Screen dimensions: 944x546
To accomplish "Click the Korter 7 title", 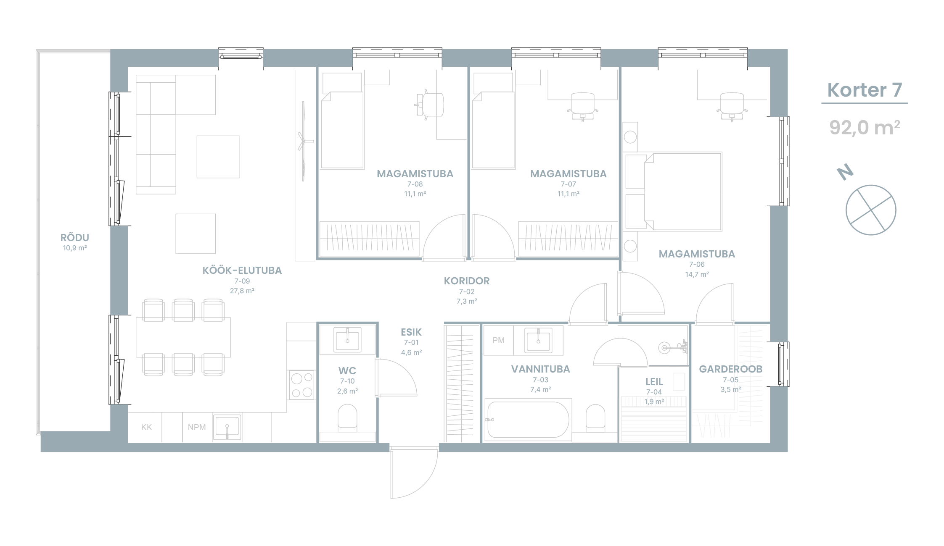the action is [865, 90].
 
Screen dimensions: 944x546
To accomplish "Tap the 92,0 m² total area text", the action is [865, 127].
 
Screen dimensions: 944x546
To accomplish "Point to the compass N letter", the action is [845, 172].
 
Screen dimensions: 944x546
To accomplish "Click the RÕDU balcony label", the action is [75, 237].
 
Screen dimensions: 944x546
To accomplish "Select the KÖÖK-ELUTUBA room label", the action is [242, 270].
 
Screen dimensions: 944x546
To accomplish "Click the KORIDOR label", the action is [467, 281].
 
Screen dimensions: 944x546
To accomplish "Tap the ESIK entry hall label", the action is [411, 332].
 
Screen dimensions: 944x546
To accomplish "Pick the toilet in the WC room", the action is [347, 417].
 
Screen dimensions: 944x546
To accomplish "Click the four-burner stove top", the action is [301, 385].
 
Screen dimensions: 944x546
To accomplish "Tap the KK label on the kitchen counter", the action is [147, 428].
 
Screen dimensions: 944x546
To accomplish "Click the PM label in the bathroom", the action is [498, 341].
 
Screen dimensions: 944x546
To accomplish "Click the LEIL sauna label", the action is [654, 382].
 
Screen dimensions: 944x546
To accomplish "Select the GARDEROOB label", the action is [731, 369].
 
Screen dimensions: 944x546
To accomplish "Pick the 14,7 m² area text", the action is [697, 274].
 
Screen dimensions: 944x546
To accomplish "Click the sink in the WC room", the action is [347, 339].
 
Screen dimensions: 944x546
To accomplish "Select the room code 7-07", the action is [569, 184].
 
